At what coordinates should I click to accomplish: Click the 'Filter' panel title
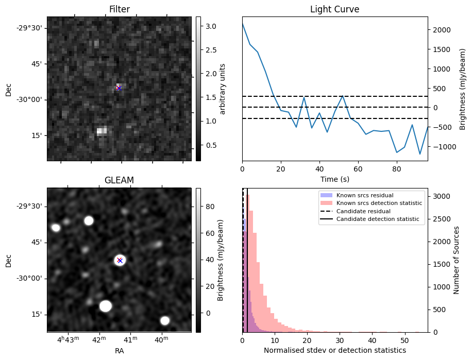[x=119, y=9]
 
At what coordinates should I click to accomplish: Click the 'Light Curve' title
[x=334, y=9]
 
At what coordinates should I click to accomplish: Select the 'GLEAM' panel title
[x=119, y=180]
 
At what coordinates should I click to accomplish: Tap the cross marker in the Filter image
[x=119, y=88]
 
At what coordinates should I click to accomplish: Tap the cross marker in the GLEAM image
[x=120, y=260]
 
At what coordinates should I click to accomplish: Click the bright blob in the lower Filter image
[x=102, y=131]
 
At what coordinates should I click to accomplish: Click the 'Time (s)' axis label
[x=334, y=178]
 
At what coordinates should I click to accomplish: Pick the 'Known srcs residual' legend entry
[x=364, y=195]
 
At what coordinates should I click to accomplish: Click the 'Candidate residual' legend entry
[x=363, y=211]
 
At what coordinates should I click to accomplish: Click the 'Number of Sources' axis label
[x=456, y=260]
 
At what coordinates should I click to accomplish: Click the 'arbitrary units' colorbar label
[x=223, y=89]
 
